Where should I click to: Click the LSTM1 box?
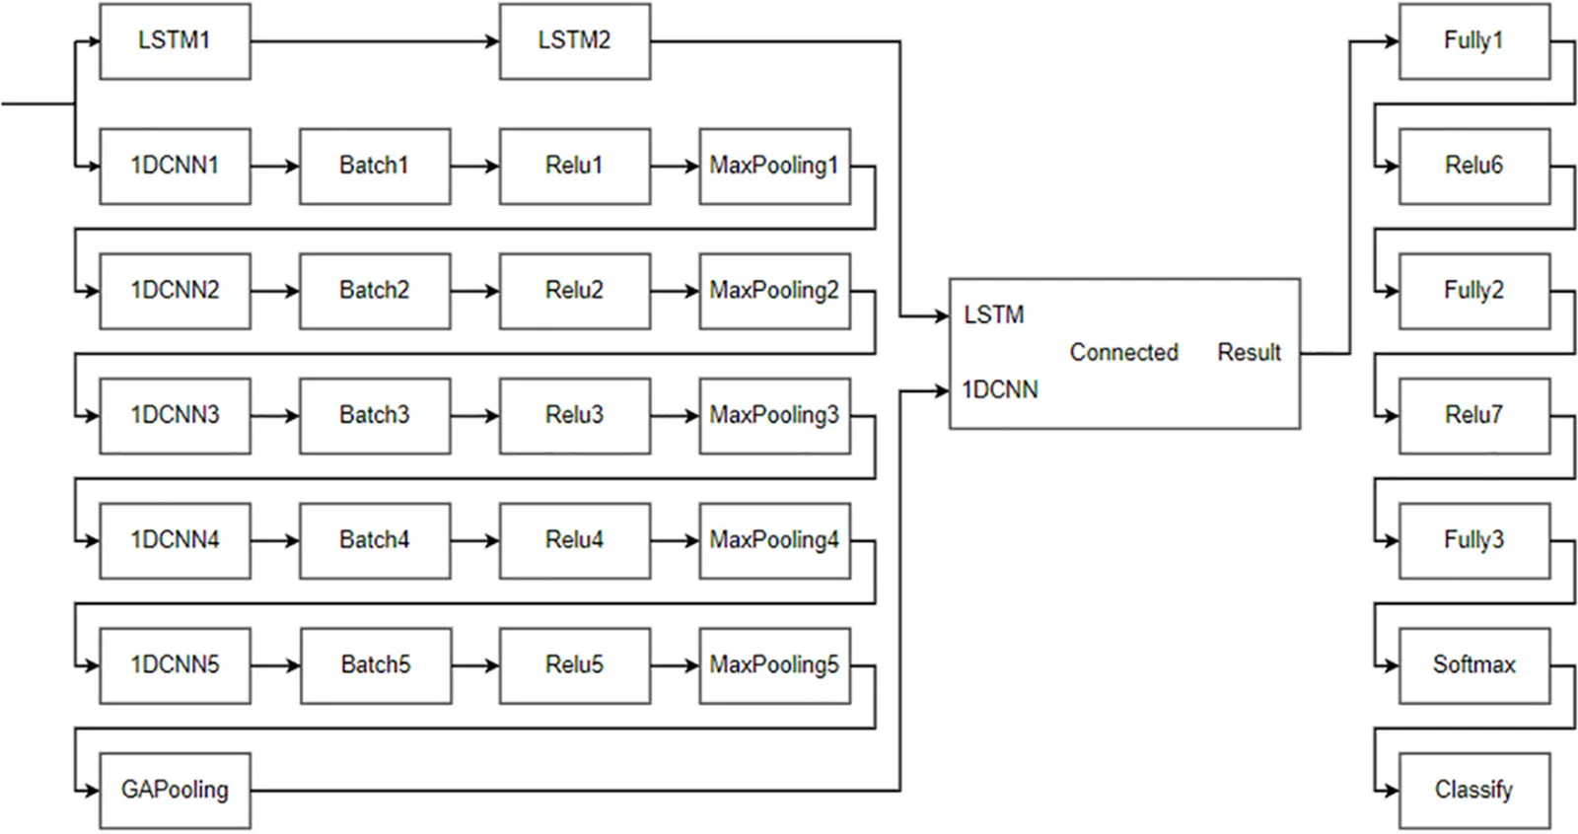coord(175,41)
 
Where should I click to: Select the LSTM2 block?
coord(574,41)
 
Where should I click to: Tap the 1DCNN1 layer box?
coord(175,166)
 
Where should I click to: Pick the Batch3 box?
coord(375,415)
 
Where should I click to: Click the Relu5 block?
coord(574,665)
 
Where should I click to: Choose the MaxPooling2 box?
coord(774,291)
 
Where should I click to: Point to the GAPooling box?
coord(175,791)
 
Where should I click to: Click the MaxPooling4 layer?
coord(774,540)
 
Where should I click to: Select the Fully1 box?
coord(1473,41)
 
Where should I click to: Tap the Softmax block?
coord(1473,665)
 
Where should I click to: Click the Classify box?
coord(1473,791)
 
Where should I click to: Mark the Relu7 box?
coord(1473,415)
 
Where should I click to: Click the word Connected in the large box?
coord(1123,352)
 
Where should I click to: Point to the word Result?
coord(1249,352)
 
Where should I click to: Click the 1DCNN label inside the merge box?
coord(1000,390)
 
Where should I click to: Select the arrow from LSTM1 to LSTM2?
coord(375,41)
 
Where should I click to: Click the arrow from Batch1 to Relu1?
coord(474,167)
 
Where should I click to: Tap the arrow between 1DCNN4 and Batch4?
coord(274,540)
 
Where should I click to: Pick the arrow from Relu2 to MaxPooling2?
coord(675,291)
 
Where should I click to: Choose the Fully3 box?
coord(1473,540)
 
